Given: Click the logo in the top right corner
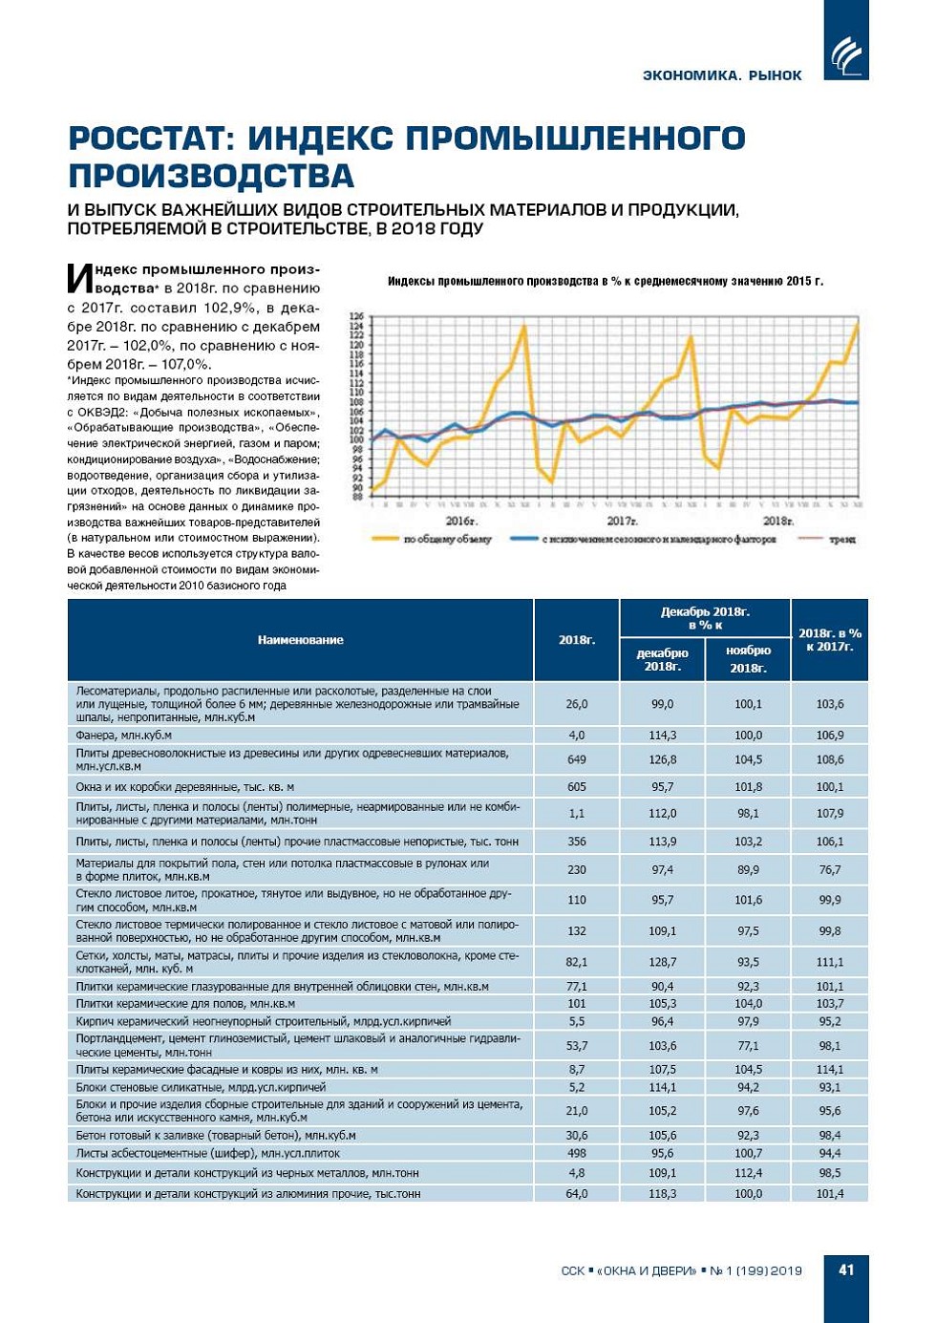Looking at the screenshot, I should click(846, 54).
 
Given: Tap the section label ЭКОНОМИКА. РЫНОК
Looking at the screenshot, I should click(722, 75).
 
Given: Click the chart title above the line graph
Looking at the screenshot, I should click(605, 281).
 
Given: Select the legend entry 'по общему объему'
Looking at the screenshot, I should click(446, 540).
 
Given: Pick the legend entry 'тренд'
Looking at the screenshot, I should click(840, 540).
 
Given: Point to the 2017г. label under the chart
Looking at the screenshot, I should click(622, 521).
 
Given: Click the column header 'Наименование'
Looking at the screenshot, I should click(300, 640).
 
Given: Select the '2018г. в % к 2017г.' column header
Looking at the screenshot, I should click(829, 640).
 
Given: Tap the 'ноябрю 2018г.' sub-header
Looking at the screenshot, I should click(748, 659).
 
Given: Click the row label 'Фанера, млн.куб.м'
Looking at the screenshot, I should click(124, 736).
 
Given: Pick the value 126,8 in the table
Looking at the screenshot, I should click(662, 760).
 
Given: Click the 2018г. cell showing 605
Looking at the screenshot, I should click(577, 787).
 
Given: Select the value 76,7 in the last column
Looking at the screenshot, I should click(829, 870).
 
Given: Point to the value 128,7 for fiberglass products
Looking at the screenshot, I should click(662, 962).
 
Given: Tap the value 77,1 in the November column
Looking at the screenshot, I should click(748, 1046).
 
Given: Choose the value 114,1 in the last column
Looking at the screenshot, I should click(829, 1070).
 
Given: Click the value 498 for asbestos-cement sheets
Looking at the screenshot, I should click(577, 1153).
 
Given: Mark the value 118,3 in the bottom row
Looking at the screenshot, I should click(662, 1194).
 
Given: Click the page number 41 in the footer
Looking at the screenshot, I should click(846, 1270).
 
